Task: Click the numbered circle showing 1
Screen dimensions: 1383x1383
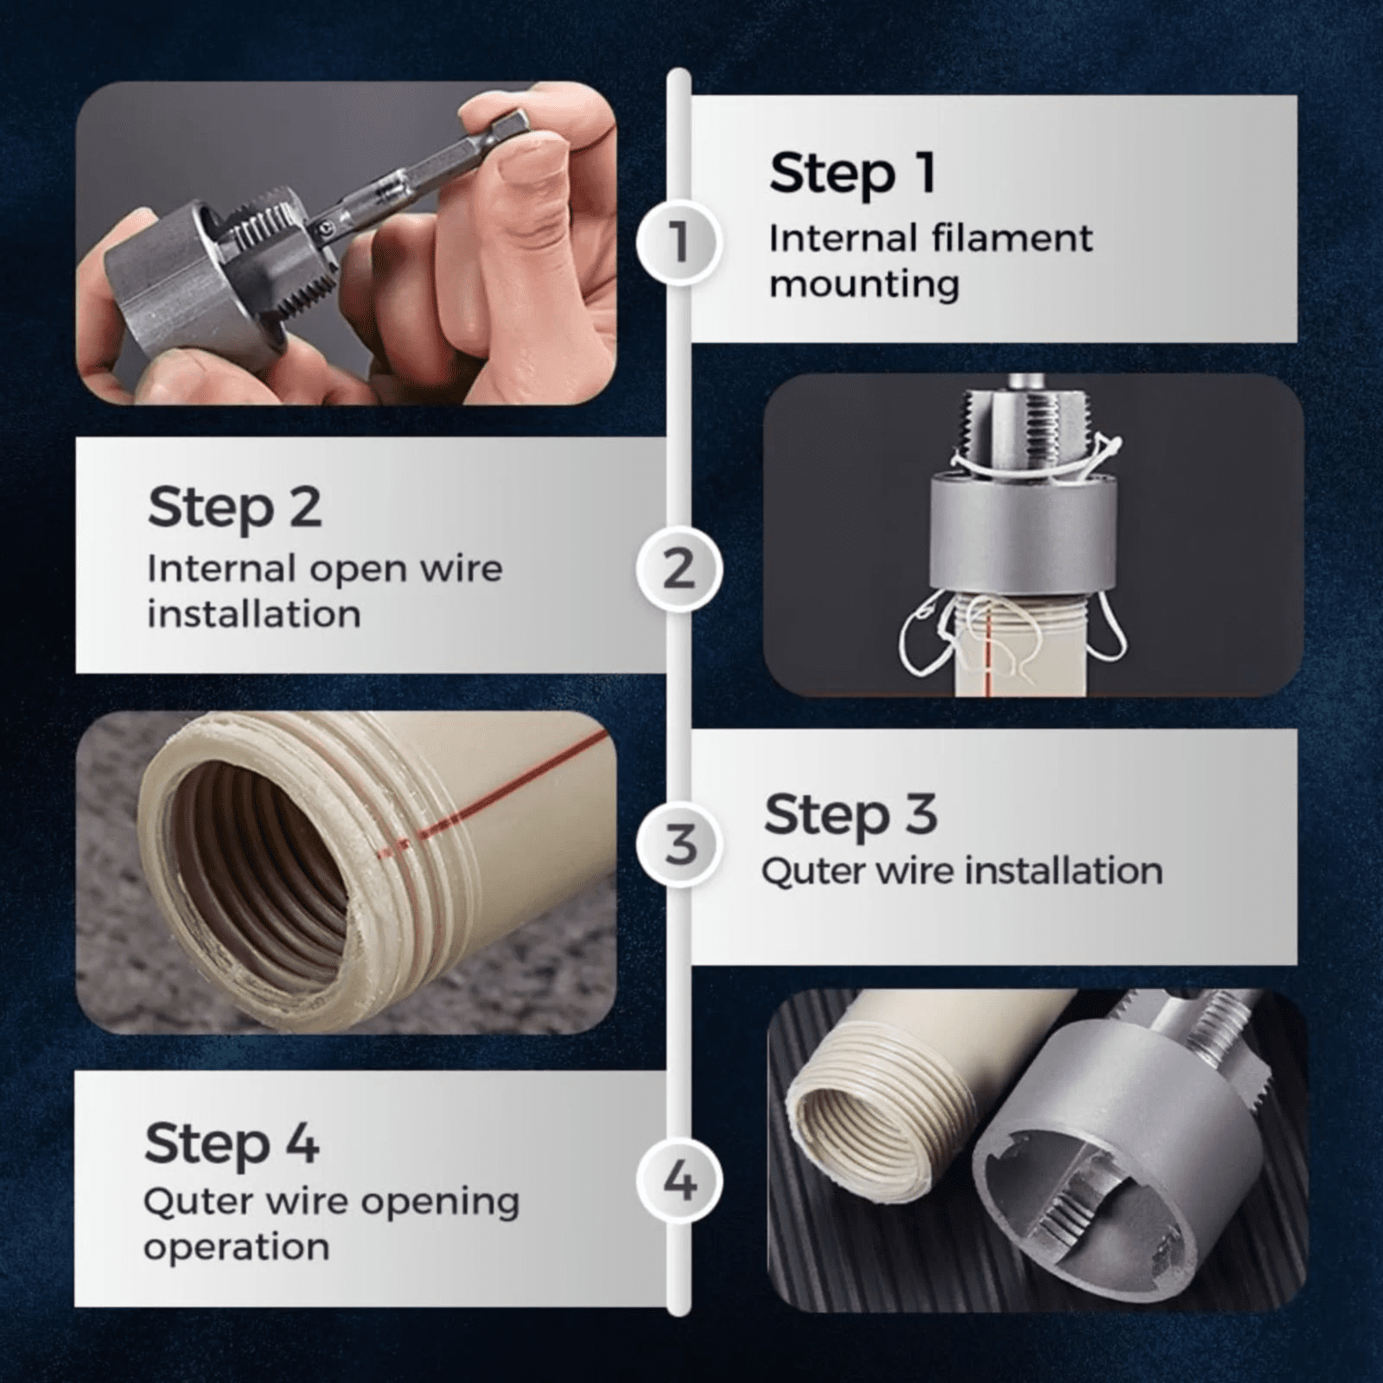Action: point(679,243)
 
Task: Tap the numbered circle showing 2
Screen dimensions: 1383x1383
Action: point(679,569)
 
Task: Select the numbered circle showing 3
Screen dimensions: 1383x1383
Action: point(679,844)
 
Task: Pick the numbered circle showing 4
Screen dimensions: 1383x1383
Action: point(679,1181)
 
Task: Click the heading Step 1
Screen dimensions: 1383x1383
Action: point(852,174)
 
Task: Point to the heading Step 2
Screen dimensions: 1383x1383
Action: point(234,507)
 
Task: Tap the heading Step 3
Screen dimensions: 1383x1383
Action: point(851,815)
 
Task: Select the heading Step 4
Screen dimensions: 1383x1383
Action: point(232,1144)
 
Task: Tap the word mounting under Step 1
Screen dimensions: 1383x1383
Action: point(864,285)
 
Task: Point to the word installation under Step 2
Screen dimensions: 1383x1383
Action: point(254,614)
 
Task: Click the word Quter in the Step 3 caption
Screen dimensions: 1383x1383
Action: point(813,871)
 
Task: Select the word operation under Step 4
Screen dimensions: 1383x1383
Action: point(237,1247)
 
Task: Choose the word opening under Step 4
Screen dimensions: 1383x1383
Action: point(440,1202)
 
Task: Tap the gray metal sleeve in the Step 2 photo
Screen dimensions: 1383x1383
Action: point(1023,533)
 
